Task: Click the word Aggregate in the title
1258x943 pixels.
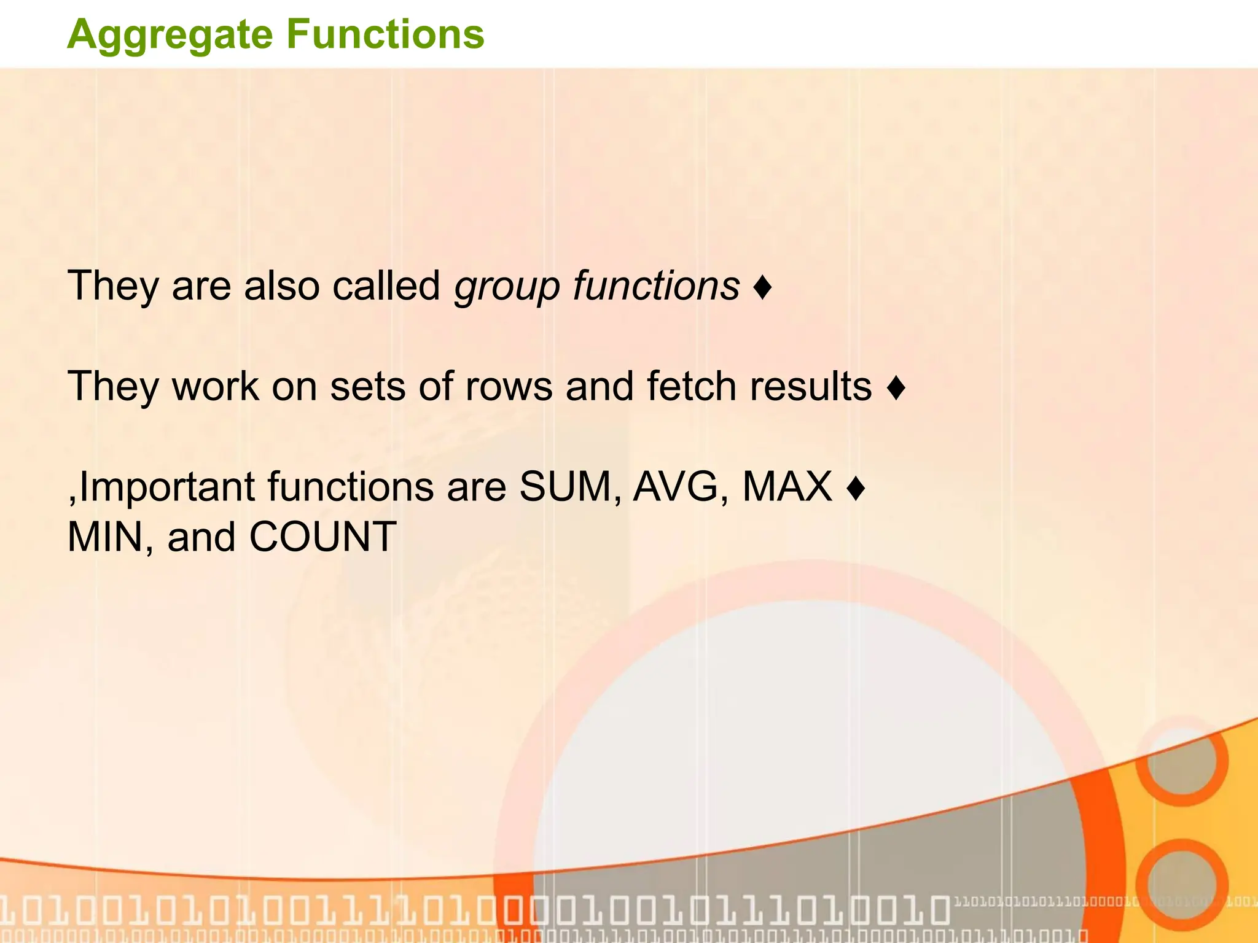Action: pos(170,36)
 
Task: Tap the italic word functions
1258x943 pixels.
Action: pos(657,286)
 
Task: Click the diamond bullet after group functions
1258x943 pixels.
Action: pos(762,287)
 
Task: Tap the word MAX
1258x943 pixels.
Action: pos(787,487)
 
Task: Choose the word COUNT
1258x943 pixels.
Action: pos(322,537)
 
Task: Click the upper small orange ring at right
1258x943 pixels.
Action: pos(1181,761)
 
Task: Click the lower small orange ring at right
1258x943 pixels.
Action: pos(1181,884)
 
